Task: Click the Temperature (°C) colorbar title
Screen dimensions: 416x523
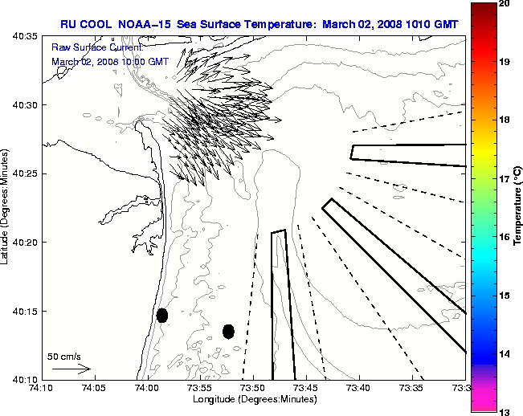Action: pos(518,208)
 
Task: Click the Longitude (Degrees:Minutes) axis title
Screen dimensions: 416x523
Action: pos(253,399)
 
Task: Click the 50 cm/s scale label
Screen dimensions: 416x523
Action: pos(64,356)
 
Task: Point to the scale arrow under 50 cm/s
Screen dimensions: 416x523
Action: pos(72,369)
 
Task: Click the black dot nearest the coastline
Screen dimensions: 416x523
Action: pos(162,315)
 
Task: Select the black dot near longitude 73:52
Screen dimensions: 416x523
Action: pos(228,331)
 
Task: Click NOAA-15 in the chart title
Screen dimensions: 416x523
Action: pos(143,24)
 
